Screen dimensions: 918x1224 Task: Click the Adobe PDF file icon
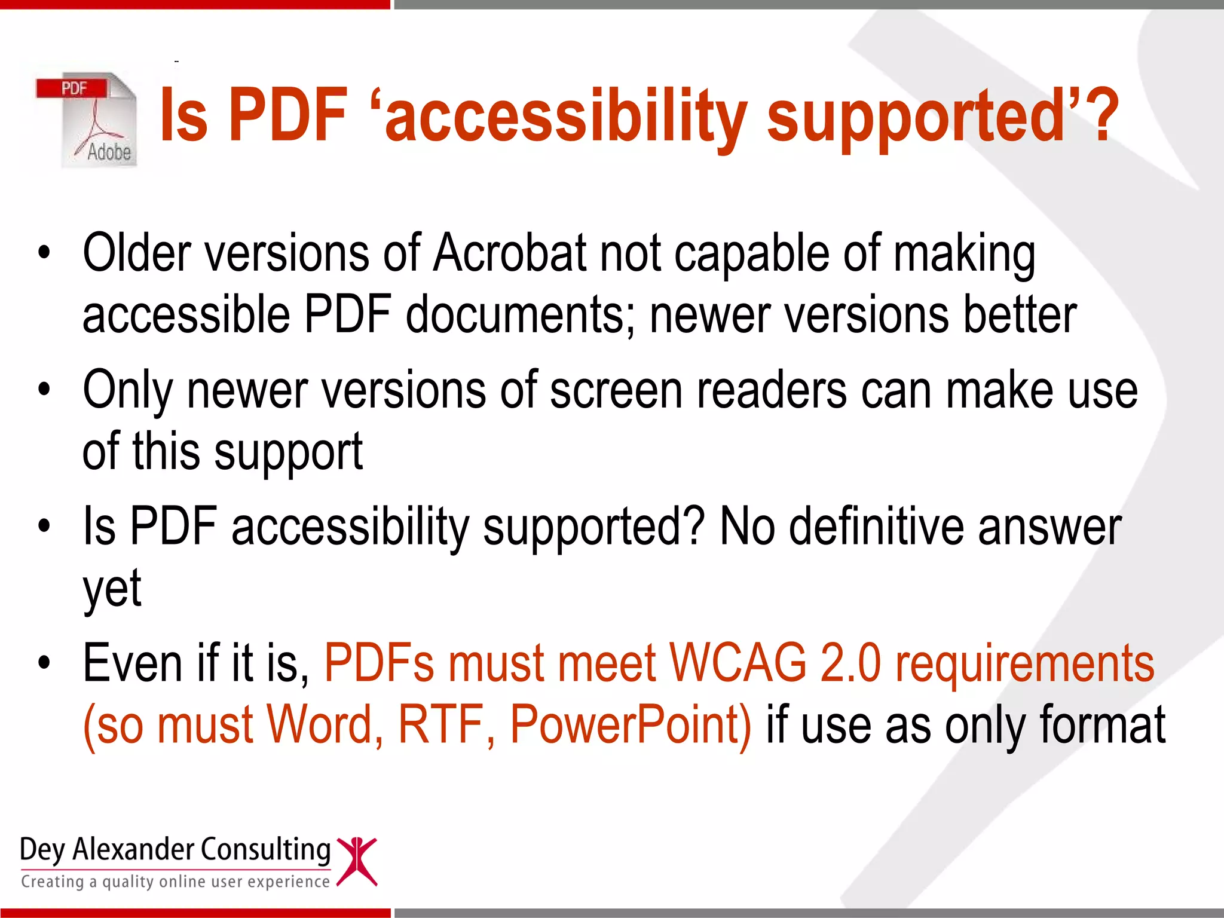[87, 120]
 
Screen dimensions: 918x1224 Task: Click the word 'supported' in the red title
[914, 117]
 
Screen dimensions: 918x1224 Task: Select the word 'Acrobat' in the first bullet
[510, 253]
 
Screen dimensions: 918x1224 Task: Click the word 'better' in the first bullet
[1020, 315]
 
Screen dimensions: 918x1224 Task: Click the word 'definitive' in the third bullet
[876, 527]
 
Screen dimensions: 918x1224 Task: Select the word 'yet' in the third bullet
[112, 589]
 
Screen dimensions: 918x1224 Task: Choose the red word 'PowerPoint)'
[631, 725]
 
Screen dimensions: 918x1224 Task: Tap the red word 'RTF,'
[446, 725]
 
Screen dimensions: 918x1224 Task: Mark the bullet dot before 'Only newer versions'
[44, 390]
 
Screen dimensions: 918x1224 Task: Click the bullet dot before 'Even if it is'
[44, 663]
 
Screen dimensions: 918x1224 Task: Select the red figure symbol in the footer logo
[357, 861]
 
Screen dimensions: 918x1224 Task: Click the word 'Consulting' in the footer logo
[265, 850]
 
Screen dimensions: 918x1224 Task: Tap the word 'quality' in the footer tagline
[128, 882]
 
